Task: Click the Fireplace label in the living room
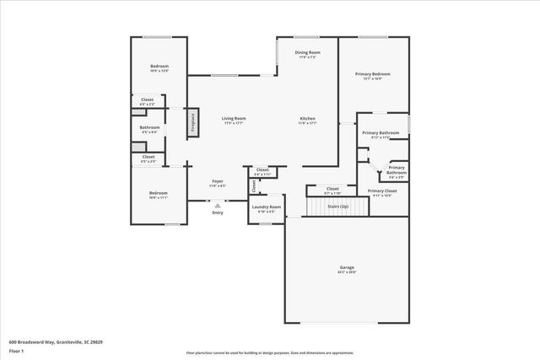tap(192, 122)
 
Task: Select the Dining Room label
tap(306, 53)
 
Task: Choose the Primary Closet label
tap(382, 191)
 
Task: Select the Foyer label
tap(217, 181)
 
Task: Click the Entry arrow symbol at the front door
tap(217, 205)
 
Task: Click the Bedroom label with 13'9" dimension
tap(159, 67)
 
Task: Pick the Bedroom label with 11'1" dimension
tap(159, 193)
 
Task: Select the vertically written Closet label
tap(252, 185)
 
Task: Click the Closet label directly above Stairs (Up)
tap(332, 189)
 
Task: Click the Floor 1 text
tap(16, 351)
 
